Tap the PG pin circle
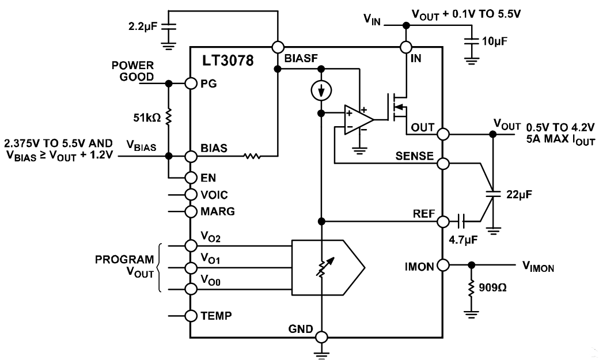point(191,84)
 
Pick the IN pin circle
point(407,48)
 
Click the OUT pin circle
point(442,134)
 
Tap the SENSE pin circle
point(442,164)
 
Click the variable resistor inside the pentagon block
point(322,266)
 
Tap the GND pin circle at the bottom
point(321,337)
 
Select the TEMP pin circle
point(191,316)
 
